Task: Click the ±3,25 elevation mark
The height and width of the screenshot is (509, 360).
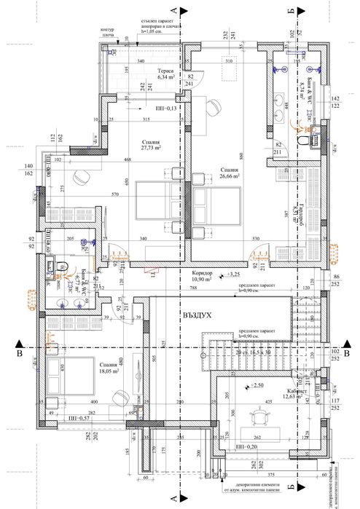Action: click(232, 275)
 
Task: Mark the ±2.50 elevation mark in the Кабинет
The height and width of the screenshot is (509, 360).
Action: click(256, 384)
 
